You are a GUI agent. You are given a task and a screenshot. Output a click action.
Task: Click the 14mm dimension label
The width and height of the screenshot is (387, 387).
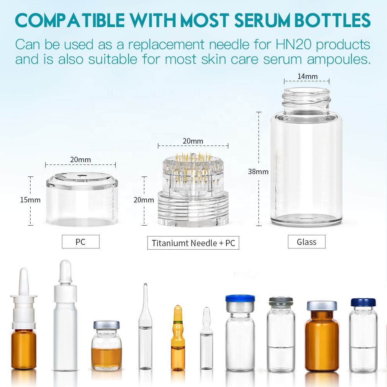[x=307, y=77]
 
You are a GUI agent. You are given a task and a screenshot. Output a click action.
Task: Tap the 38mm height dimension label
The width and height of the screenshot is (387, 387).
[x=258, y=171]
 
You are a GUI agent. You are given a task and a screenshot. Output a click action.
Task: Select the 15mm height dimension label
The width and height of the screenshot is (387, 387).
[x=30, y=200]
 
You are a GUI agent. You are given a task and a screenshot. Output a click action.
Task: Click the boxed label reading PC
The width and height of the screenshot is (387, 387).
[x=80, y=241]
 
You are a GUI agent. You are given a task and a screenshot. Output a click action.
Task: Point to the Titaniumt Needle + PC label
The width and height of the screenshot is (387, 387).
[x=193, y=243]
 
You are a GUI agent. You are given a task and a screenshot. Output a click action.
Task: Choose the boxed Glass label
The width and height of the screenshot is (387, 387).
[x=307, y=241]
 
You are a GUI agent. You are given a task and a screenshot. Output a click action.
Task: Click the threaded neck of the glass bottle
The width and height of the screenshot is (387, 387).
[x=307, y=101]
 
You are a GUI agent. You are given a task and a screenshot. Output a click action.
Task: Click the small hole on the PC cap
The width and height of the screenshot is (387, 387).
[x=81, y=176]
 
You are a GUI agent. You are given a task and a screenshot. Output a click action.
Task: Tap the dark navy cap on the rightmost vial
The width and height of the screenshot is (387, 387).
[x=363, y=302]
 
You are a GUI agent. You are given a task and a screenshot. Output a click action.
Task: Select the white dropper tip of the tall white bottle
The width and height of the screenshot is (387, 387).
[x=65, y=272]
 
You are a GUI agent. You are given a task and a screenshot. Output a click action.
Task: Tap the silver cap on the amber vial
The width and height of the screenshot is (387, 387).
[x=322, y=306]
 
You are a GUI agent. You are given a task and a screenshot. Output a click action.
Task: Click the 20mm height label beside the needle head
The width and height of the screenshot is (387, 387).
[x=144, y=200]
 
